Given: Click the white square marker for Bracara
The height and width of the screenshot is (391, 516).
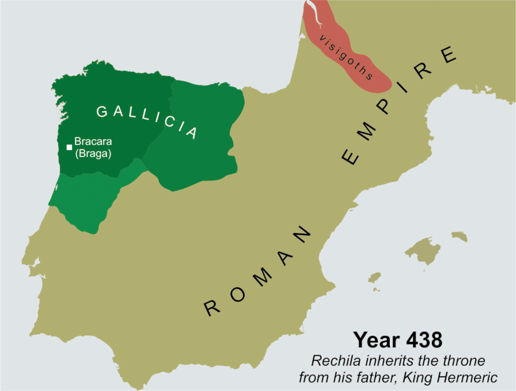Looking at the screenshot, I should pos(69,147).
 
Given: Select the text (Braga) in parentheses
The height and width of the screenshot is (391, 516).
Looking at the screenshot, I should pos(93,154).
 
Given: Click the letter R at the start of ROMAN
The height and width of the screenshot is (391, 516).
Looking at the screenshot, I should pos(213,308).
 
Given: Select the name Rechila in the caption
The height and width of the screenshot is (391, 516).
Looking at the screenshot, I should pos(332,361).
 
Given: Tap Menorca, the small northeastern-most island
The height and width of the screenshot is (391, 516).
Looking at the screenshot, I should pos(459,236).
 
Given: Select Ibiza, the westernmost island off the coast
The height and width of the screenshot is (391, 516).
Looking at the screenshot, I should pos(374,278).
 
